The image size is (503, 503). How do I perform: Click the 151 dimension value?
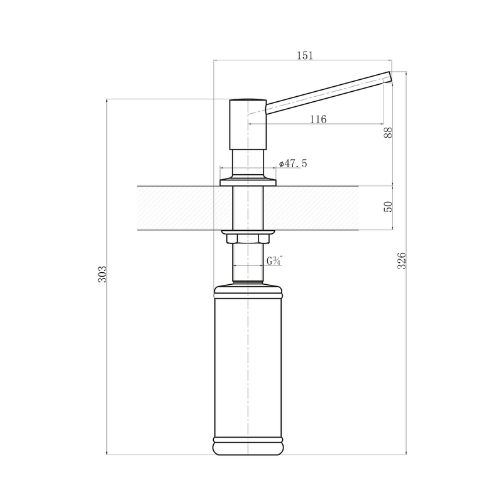304,55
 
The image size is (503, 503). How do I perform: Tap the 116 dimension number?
318,119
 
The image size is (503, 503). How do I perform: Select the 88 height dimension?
388,133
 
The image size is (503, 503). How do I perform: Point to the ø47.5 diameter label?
293,163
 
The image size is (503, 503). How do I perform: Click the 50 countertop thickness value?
388,207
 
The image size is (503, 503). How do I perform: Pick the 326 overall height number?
402,260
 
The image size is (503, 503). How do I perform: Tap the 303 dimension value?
102,274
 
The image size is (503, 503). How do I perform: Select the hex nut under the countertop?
248,239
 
